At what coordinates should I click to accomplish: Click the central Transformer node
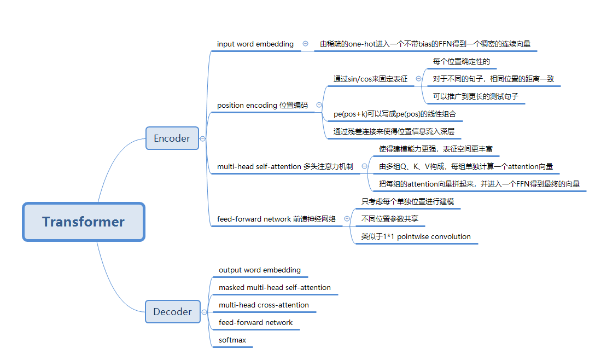tap(83, 222)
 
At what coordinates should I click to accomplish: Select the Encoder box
tap(172, 138)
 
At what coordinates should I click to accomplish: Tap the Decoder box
tap(172, 312)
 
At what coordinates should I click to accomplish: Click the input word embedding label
tap(255, 44)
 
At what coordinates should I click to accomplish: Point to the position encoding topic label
tap(262, 105)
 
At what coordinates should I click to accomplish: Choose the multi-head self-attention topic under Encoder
tap(285, 166)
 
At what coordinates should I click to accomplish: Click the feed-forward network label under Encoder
tap(276, 219)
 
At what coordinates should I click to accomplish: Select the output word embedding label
tap(260, 270)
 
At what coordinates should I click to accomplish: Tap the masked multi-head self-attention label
tap(275, 287)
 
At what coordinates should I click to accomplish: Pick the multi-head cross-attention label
tap(264, 305)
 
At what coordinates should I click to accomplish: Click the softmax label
tap(232, 340)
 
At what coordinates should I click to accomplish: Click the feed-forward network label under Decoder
tap(255, 322)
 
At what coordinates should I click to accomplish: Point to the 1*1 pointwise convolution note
tap(416, 236)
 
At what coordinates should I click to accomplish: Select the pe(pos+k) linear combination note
tap(394, 114)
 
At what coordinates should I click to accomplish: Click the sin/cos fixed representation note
tap(370, 79)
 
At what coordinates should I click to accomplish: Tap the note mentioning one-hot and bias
tap(425, 44)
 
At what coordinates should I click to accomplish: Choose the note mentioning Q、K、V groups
tap(466, 166)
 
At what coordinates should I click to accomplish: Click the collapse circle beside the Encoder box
tap(203, 138)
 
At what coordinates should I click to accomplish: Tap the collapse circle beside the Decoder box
tap(204, 312)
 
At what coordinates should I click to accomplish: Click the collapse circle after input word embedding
tap(305, 44)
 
